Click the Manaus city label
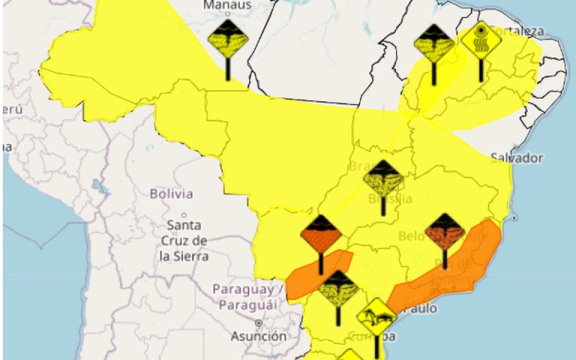point(228,6)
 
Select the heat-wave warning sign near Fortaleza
point(481,40)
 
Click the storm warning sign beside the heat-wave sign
point(434,45)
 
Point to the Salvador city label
point(516,158)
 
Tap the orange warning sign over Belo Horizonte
point(445,232)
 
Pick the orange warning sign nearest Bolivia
point(320,235)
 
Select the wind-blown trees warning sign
point(377,317)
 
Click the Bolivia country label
point(171,194)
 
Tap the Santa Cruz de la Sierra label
point(184,240)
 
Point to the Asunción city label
point(258,336)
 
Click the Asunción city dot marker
point(258,324)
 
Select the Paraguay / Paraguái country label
point(243,297)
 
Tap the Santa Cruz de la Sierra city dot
point(184,215)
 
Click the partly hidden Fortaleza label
point(518,30)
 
